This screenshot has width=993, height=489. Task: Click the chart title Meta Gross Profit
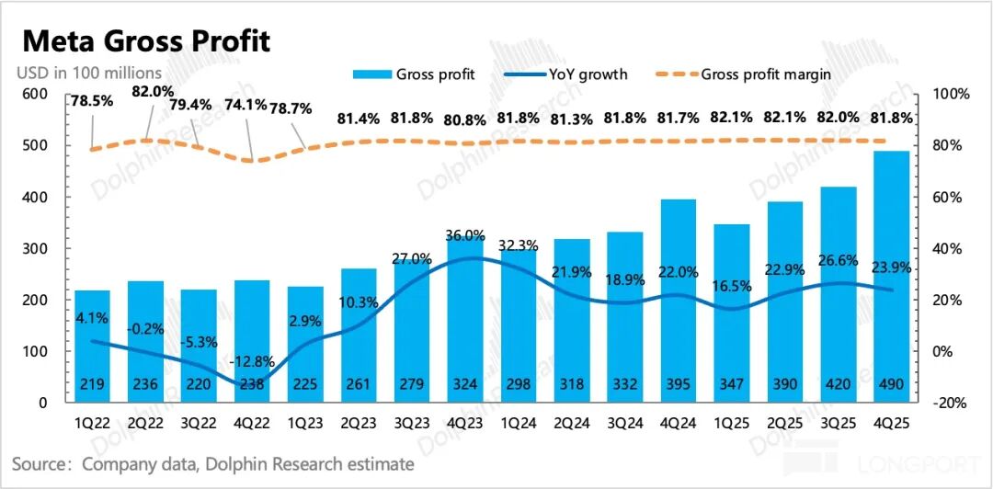[x=146, y=41]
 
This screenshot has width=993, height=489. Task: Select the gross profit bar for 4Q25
[x=891, y=276]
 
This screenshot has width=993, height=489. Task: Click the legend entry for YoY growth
[x=569, y=74]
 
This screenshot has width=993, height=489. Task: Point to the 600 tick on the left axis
[x=34, y=94]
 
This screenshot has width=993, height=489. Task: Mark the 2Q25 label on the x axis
[x=784, y=424]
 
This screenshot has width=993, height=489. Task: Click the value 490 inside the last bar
[x=891, y=385]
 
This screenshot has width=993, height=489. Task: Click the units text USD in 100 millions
[x=89, y=72]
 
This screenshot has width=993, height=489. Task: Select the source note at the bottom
[x=213, y=464]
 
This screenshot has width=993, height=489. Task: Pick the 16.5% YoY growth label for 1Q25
[x=731, y=286]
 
